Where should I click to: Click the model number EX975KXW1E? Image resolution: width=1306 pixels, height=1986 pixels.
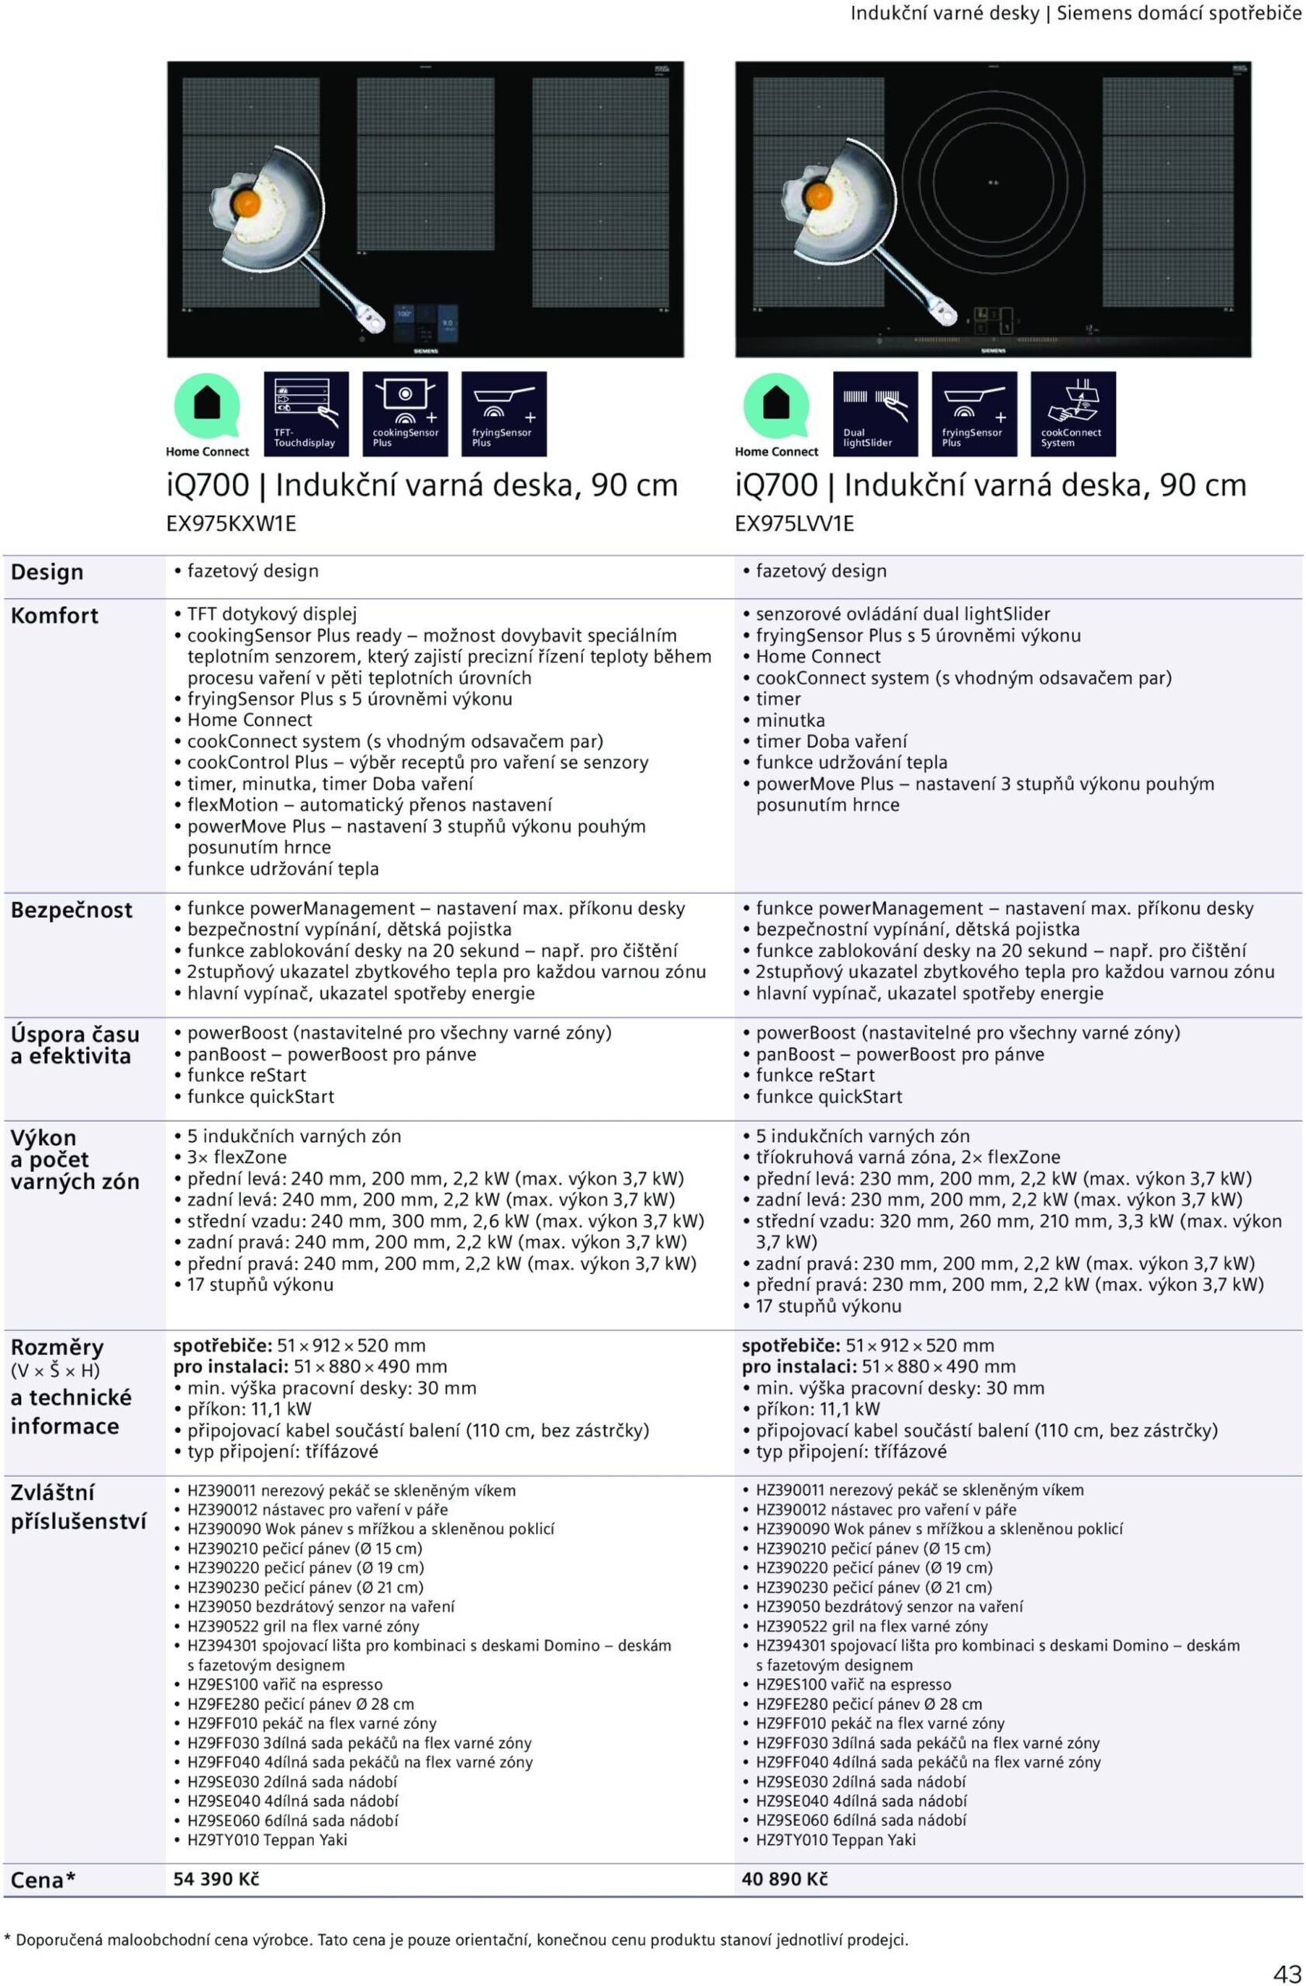231,523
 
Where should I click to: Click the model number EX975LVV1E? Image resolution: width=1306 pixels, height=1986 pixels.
794,523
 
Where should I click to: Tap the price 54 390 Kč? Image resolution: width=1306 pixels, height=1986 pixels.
216,1878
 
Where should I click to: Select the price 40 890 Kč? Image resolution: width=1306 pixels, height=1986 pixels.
785,1878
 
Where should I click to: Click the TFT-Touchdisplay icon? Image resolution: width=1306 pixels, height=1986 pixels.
306,414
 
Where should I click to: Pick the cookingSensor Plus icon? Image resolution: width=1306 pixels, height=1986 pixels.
406,414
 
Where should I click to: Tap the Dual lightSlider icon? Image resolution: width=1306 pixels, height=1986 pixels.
875,414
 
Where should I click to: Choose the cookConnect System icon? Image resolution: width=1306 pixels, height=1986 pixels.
1073,414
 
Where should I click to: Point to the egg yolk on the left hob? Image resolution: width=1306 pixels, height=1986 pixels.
247,202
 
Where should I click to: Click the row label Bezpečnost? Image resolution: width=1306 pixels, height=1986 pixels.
71,909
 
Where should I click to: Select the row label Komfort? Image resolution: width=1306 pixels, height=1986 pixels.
54,616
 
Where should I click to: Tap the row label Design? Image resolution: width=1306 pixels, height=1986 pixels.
47,573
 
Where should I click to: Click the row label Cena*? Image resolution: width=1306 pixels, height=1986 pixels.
43,1879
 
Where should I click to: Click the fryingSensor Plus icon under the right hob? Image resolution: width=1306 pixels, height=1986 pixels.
973,414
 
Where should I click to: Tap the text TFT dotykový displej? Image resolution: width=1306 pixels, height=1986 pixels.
272,614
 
